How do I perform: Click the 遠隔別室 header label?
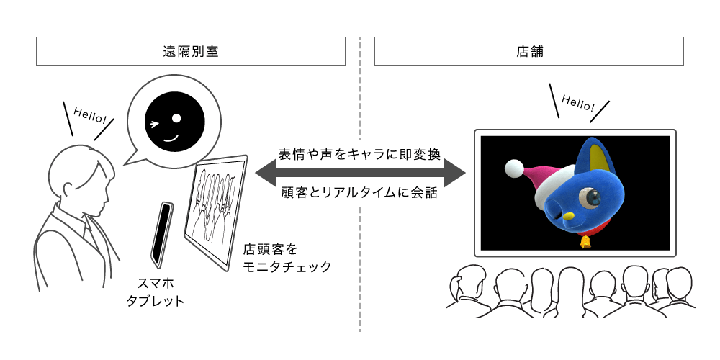point(191,51)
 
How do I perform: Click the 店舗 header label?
point(529,51)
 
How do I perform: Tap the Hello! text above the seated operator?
point(89,115)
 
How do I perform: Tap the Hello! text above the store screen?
point(577,104)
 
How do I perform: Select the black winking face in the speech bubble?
point(174,121)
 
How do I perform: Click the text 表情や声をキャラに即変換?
point(359,154)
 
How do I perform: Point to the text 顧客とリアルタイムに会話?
point(359,192)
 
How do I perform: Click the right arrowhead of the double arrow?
point(455,173)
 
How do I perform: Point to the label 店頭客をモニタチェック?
point(287,258)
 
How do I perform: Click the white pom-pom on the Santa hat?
point(514,168)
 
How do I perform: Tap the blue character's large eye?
point(590,199)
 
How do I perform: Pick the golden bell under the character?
point(585,241)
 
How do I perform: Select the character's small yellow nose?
point(569,216)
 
